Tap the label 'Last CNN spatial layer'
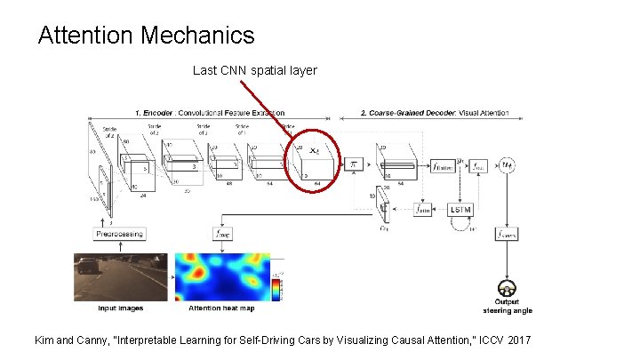coord(254,70)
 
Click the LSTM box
coord(461,210)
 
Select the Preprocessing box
coord(118,233)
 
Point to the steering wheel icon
coord(508,289)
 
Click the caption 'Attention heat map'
coord(220,308)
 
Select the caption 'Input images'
coord(120,308)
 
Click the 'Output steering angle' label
coord(508,308)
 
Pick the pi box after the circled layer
coord(353,165)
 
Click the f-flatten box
coord(441,166)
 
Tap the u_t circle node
coord(508,165)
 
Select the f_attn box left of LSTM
coord(423,211)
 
